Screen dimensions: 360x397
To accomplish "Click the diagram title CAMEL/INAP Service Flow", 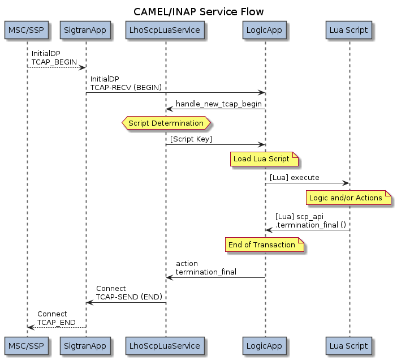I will click(x=198, y=12).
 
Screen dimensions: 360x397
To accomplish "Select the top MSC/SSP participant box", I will click(x=27, y=31).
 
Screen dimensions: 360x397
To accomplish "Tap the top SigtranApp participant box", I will click(x=86, y=31).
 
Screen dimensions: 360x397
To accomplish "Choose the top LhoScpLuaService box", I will click(x=166, y=31).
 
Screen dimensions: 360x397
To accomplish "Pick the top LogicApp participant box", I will click(x=265, y=31).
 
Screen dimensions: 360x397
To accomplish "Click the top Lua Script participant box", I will click(x=349, y=31).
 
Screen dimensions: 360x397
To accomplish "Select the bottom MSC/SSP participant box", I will click(x=27, y=346).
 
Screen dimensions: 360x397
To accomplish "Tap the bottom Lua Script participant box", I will click(x=349, y=346).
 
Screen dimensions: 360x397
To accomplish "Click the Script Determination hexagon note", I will click(x=166, y=123).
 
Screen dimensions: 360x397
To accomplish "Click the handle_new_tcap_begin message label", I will click(x=215, y=104).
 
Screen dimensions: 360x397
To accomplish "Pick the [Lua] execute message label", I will click(x=294, y=178).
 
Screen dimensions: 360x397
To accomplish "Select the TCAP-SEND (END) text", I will click(x=129, y=297).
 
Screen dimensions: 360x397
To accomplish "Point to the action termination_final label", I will click(x=206, y=268).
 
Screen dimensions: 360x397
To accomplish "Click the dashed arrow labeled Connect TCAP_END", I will click(x=57, y=327).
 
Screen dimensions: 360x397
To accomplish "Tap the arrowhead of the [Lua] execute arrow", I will click(x=346, y=183).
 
